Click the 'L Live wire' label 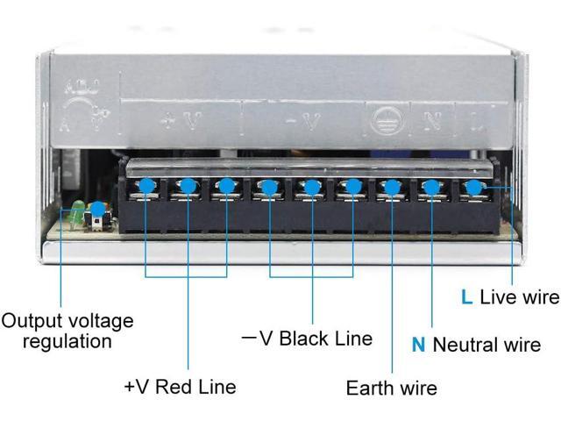click(509, 297)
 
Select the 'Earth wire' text click(391, 387)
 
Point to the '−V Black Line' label click(306, 339)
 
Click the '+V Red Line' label click(180, 386)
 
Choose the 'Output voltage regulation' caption click(67, 331)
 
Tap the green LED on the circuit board click(77, 210)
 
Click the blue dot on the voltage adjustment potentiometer click(97, 209)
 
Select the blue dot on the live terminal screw click(474, 186)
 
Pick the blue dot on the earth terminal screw click(392, 186)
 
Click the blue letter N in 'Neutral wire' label click(419, 345)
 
